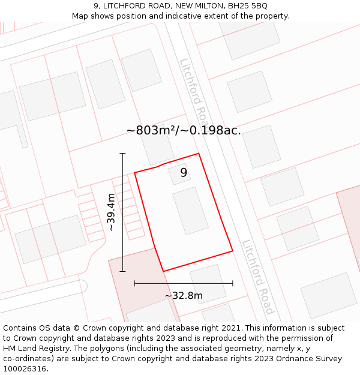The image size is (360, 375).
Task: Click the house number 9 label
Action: [184, 173]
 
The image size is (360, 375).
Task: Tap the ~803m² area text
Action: [150, 131]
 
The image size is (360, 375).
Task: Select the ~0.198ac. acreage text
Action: [211, 131]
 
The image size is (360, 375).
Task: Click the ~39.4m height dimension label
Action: [111, 212]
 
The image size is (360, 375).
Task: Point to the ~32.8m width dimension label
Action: [184, 295]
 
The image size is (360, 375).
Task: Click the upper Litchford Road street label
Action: [194, 90]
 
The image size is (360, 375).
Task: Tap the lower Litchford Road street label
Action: [258, 277]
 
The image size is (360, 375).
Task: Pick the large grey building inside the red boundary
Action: [190, 211]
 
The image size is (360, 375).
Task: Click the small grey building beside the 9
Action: [178, 173]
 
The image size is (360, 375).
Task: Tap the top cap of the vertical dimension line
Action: [122, 154]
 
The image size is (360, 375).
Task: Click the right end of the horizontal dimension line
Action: [233, 283]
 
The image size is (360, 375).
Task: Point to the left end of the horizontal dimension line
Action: [134, 283]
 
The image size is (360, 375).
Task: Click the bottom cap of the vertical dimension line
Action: [122, 271]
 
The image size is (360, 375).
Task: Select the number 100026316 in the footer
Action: [24, 369]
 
